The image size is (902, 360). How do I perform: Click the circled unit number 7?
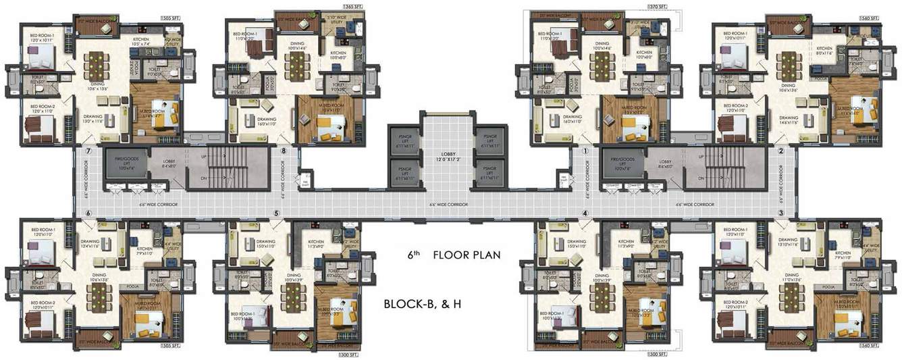(x=87, y=151)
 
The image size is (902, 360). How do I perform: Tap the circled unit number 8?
(x=284, y=151)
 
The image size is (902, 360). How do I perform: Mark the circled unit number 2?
(x=780, y=151)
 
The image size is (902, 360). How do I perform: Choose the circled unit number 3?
(x=780, y=213)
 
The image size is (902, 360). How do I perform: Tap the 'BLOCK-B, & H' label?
(x=423, y=303)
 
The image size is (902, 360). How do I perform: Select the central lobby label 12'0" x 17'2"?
(x=448, y=157)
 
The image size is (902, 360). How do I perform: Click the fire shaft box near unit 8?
(x=304, y=179)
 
